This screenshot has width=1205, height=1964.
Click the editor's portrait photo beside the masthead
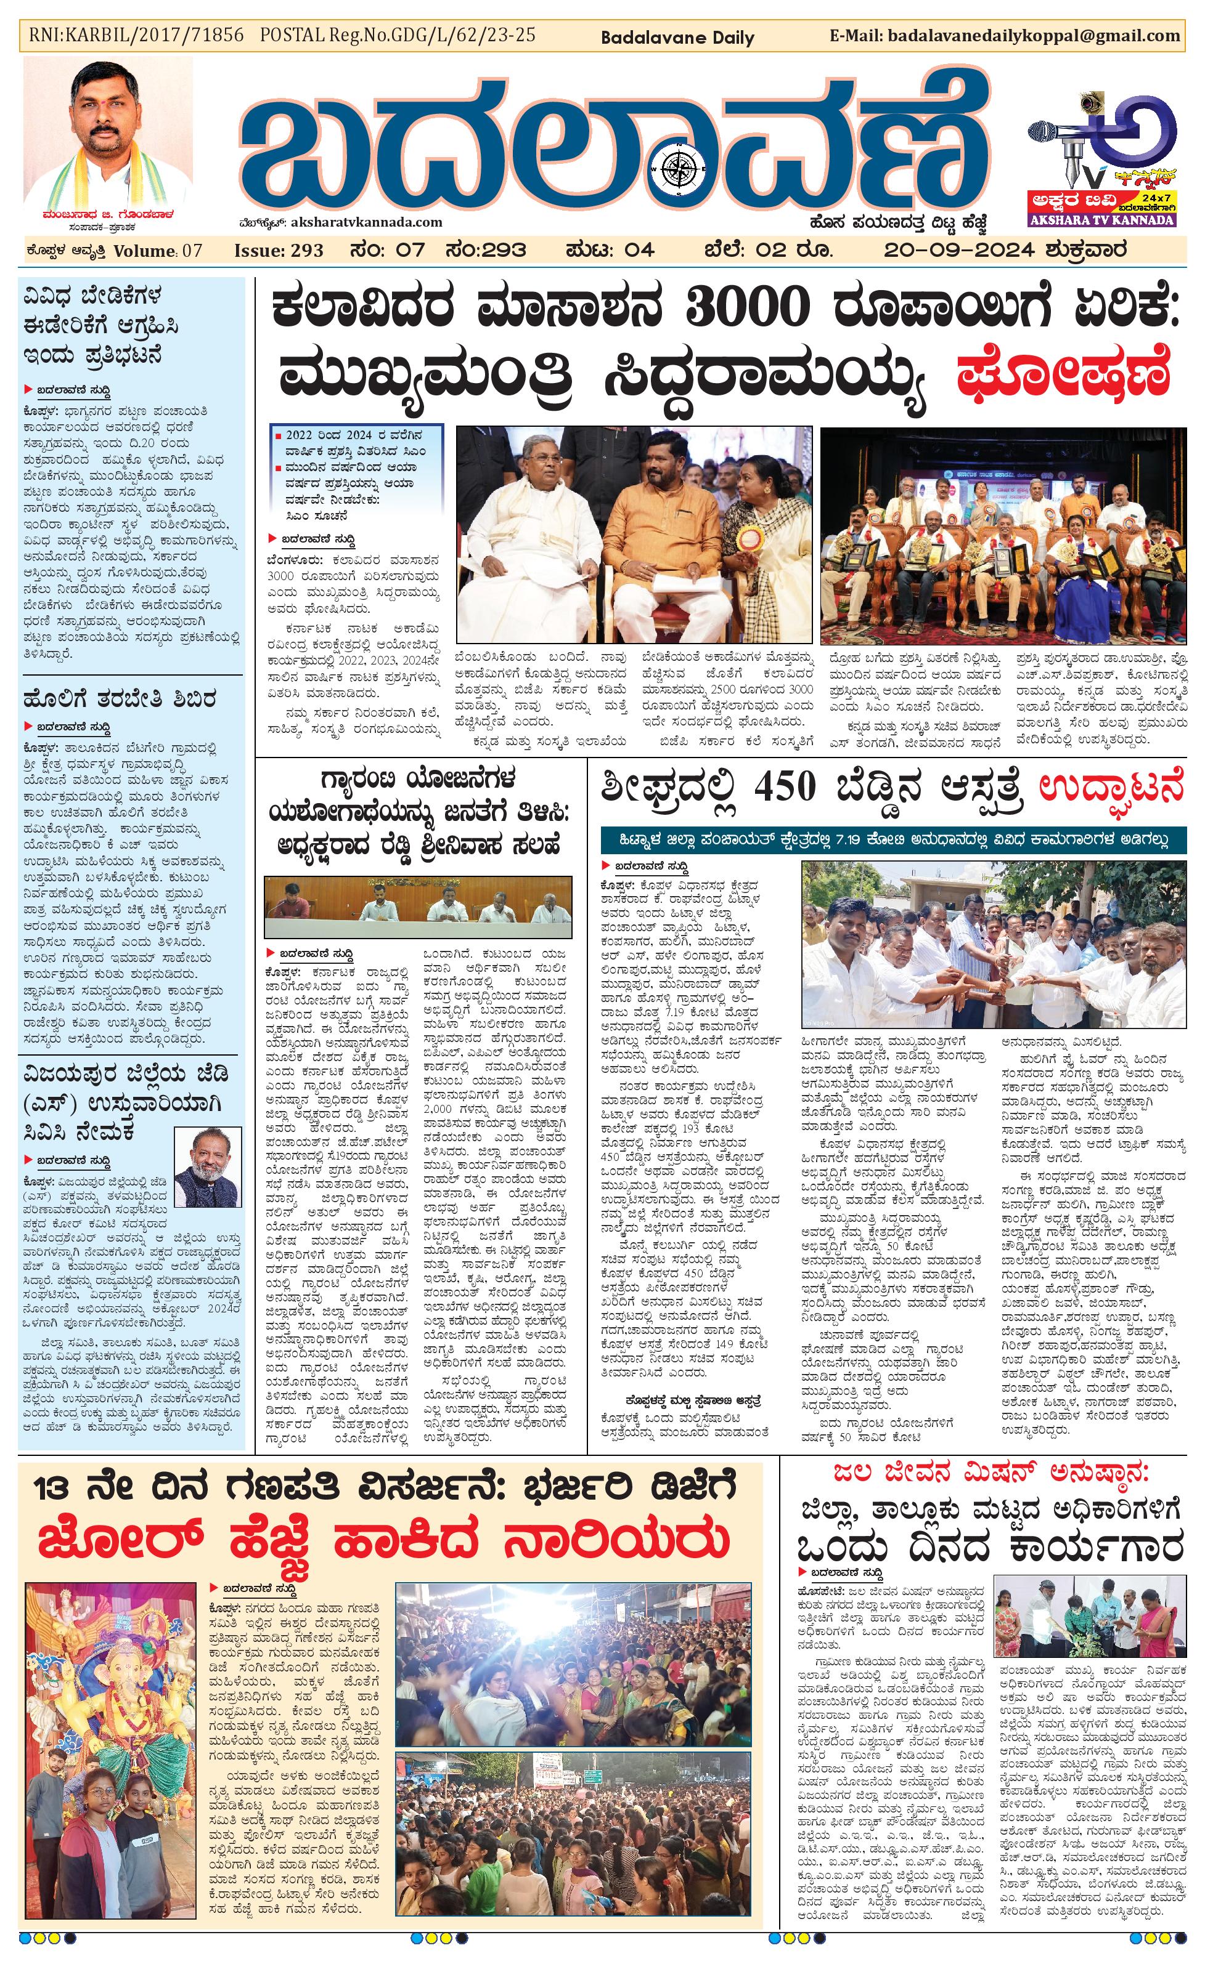click(x=108, y=135)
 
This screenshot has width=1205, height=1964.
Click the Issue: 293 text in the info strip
click(x=279, y=250)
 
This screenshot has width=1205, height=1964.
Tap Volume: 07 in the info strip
click(x=158, y=250)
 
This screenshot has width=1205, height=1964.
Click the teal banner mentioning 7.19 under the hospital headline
click(x=893, y=840)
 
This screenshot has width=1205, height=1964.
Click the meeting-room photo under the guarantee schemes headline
click(x=418, y=908)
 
